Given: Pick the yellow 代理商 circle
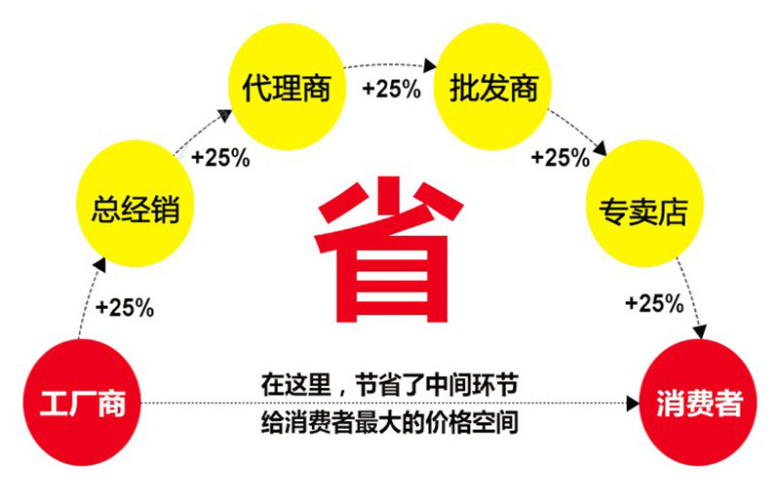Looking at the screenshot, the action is [287, 90].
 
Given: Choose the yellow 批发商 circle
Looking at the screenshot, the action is [492, 90].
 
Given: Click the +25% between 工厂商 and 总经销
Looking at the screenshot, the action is [125, 307].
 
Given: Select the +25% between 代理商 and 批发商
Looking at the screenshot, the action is [390, 90].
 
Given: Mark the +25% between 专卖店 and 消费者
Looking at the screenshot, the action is [653, 303].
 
